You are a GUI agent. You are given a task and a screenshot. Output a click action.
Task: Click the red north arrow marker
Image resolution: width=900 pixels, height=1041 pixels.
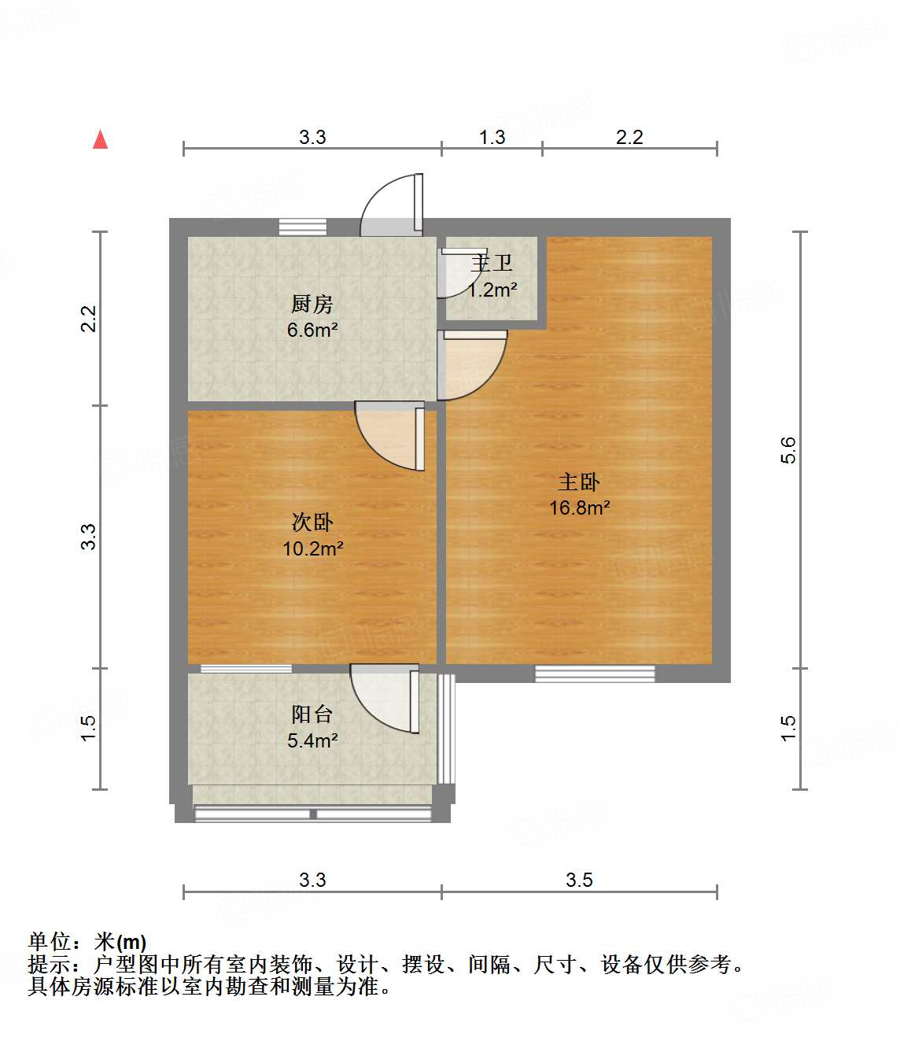[100, 139]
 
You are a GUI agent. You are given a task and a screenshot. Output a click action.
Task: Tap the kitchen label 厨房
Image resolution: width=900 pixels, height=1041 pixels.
[312, 304]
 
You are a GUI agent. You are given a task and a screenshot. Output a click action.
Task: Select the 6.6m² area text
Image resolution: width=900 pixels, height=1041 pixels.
[312, 330]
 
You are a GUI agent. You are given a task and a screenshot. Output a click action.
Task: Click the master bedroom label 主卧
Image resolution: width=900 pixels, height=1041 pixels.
[579, 482]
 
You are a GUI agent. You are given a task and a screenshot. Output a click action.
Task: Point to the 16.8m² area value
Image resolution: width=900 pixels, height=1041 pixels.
[579, 508]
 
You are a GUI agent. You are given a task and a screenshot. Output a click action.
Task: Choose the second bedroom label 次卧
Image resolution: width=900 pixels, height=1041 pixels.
[312, 522]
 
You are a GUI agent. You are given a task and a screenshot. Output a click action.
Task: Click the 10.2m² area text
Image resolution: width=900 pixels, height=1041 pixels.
[312, 549]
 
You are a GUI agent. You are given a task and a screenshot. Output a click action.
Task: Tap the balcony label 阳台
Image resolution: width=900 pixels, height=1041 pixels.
[312, 714]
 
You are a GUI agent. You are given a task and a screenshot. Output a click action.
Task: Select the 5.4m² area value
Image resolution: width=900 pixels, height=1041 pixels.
[312, 741]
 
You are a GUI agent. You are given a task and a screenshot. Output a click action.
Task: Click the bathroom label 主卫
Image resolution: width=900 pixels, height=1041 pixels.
[492, 264]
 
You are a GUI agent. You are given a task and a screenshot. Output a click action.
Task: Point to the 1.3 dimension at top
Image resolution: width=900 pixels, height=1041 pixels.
[492, 138]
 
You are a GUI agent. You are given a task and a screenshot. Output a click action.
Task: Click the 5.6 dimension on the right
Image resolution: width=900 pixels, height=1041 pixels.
[788, 450]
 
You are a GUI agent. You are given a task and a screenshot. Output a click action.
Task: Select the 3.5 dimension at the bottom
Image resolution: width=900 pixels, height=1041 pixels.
[579, 880]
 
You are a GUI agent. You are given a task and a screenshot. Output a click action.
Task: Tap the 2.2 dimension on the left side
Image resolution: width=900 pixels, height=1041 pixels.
[88, 319]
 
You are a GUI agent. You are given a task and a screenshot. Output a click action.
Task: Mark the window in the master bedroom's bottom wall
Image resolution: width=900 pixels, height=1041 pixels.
[595, 674]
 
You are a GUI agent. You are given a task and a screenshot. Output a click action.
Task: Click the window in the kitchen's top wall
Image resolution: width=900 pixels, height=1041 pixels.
[303, 227]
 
